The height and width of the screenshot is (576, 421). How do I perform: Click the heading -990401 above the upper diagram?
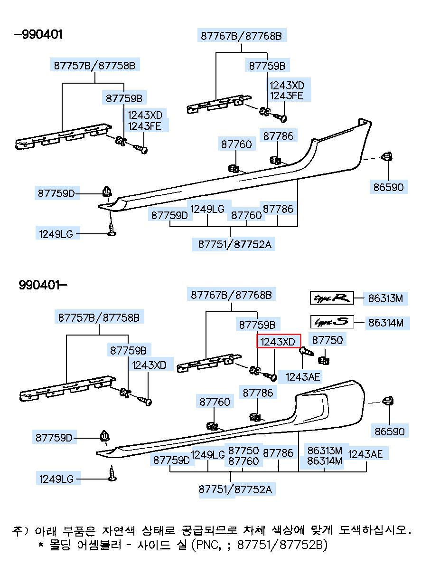38,35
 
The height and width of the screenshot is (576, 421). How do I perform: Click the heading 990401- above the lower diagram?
43,285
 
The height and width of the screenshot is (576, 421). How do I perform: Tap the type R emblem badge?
332,298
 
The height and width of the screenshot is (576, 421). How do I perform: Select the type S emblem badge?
332,322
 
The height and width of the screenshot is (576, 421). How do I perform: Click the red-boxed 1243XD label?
279,341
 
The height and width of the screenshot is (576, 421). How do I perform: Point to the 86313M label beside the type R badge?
385,298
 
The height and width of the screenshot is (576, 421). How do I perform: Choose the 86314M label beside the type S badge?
386,323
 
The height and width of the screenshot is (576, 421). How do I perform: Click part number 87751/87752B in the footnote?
281,544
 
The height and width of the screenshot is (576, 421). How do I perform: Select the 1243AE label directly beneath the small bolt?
303,377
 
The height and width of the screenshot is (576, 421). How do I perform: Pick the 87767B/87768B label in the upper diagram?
241,36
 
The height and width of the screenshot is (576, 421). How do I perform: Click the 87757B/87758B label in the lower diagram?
99,318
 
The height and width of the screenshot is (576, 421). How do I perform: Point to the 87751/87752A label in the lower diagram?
235,489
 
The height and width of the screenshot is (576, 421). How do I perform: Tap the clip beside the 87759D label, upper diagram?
107,192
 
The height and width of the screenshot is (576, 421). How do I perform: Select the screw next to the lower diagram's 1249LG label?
112,474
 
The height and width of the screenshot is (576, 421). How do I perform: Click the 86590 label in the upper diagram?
388,187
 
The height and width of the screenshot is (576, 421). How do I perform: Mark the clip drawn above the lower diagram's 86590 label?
388,400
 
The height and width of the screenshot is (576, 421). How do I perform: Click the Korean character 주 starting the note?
17,530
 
